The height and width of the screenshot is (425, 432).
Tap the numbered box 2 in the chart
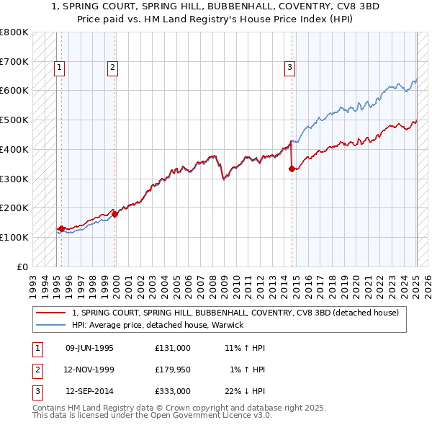click(113, 68)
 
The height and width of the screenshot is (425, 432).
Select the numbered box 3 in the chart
click(289, 68)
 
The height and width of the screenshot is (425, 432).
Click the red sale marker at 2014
click(292, 169)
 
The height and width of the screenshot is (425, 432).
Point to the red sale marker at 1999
click(114, 214)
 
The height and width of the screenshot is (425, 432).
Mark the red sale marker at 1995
click(61, 228)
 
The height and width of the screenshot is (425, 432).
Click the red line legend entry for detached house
click(240, 313)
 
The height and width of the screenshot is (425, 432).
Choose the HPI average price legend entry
click(158, 325)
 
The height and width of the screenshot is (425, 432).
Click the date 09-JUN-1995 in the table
click(89, 348)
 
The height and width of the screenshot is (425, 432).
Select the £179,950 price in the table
click(173, 370)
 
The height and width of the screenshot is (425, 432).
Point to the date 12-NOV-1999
click(89, 370)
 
